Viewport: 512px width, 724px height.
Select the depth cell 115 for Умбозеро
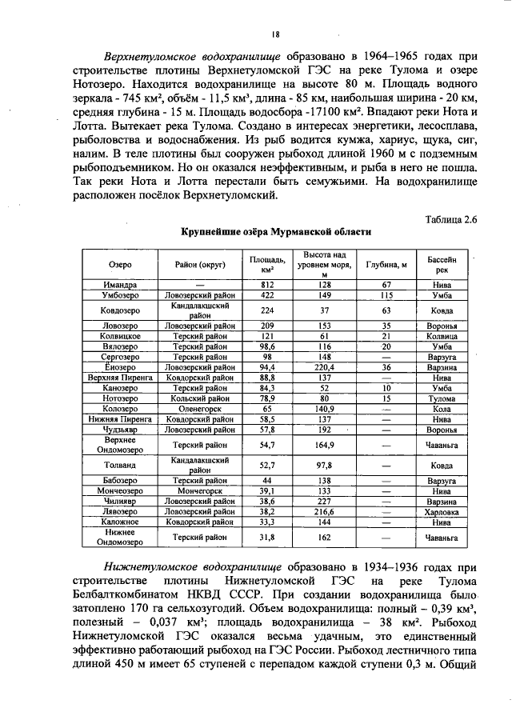pyautogui.click(x=386, y=295)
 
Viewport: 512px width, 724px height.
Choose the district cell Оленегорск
pyautogui.click(x=199, y=408)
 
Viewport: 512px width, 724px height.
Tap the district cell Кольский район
pyautogui.click(x=199, y=398)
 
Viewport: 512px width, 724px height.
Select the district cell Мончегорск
pyautogui.click(x=199, y=490)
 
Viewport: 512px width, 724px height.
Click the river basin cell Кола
pyautogui.click(x=442, y=408)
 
